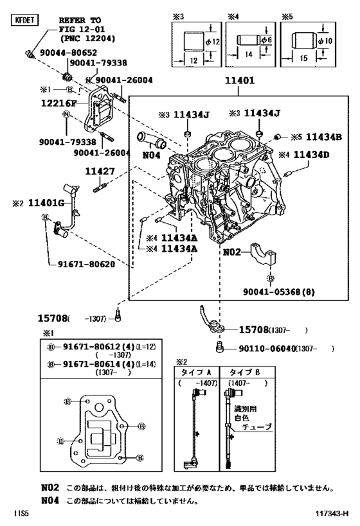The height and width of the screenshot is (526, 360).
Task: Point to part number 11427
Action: tap(100, 171)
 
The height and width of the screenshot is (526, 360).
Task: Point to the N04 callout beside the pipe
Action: tap(150, 155)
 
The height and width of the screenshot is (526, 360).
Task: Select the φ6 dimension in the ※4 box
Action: tap(271, 41)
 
